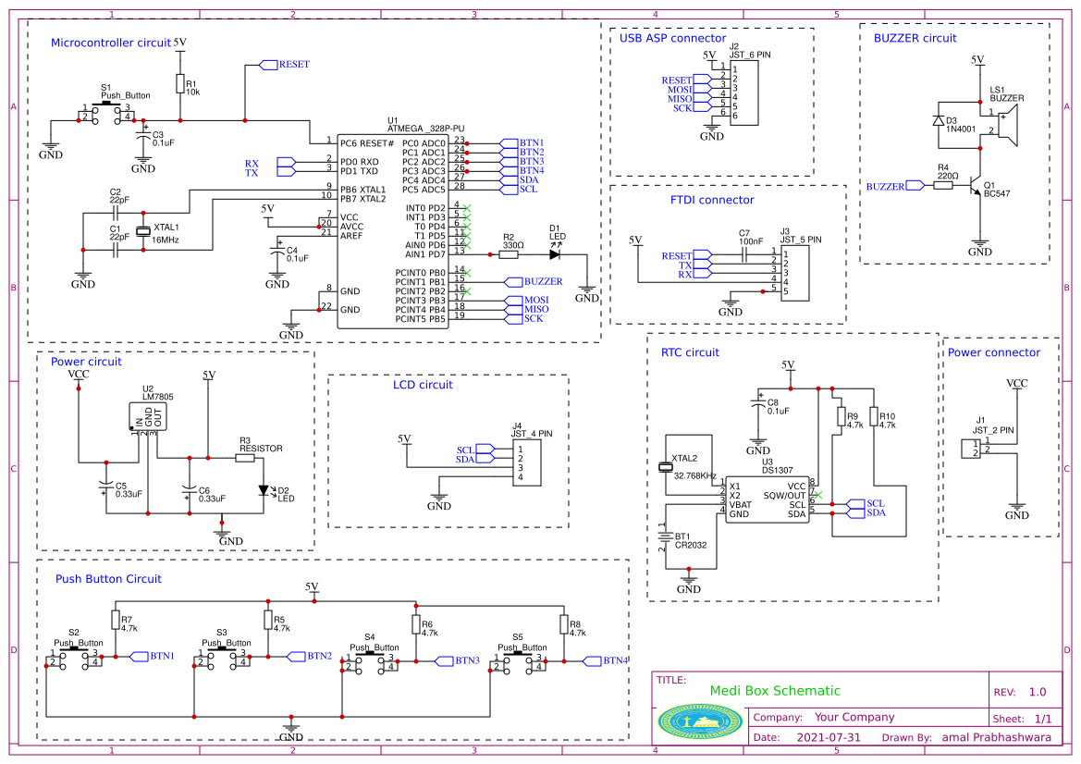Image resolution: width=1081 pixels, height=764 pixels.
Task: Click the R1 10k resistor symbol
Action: [179, 84]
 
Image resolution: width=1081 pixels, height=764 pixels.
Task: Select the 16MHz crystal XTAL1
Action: [143, 232]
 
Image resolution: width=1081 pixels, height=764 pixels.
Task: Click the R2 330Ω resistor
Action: [510, 253]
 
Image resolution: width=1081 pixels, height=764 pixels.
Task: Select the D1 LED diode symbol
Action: [556, 253]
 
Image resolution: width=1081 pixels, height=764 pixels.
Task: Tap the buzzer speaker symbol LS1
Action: [1007, 125]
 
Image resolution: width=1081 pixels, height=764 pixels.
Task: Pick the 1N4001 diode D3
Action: [939, 121]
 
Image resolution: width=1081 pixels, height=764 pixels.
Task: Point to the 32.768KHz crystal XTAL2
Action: [663, 467]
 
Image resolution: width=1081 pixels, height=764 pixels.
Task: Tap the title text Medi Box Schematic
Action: [775, 691]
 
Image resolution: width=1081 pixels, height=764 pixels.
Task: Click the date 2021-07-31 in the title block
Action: [829, 738]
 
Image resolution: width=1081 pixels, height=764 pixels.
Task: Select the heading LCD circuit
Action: [423, 385]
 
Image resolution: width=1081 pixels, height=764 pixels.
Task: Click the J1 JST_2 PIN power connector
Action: [969, 449]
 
